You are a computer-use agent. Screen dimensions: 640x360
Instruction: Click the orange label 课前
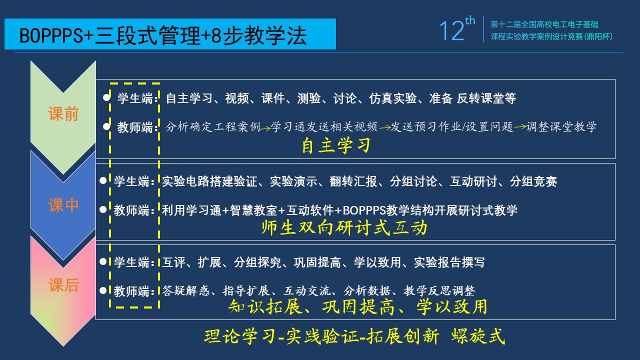pyautogui.click(x=63, y=113)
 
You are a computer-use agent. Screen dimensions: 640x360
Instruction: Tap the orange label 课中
pyautogui.click(x=63, y=205)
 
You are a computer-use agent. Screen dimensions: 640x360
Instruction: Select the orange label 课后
pyautogui.click(x=63, y=285)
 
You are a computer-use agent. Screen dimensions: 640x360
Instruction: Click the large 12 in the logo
pyautogui.click(x=451, y=30)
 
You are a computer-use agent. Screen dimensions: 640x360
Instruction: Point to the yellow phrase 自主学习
pyautogui.click(x=336, y=145)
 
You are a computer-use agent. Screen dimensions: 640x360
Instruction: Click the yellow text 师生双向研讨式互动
pyautogui.click(x=344, y=227)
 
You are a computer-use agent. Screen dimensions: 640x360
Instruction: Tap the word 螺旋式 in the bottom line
pyautogui.click(x=478, y=336)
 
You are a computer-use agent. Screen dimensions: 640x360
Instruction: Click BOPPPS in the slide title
pyautogui.click(x=51, y=35)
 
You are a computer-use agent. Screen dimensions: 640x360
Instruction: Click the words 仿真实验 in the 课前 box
pyautogui.click(x=393, y=98)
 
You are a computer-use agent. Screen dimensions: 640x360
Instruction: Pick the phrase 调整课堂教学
pyautogui.click(x=561, y=126)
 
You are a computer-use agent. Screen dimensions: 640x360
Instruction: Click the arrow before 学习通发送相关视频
pyautogui.click(x=265, y=128)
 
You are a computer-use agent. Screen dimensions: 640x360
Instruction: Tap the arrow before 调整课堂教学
pyautogui.click(x=520, y=126)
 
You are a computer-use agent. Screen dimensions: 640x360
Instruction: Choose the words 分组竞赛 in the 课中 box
pyautogui.click(x=533, y=181)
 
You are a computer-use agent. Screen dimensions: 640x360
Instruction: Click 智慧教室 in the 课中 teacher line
pyautogui.click(x=253, y=210)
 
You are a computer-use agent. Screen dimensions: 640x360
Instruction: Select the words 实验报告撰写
pyautogui.click(x=449, y=262)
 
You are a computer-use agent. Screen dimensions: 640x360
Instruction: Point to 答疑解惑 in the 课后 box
pyautogui.click(x=185, y=291)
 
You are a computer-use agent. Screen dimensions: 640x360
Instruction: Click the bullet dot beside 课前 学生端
pyautogui.click(x=106, y=97)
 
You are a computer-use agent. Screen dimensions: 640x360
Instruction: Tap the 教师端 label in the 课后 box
pyautogui.click(x=131, y=291)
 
